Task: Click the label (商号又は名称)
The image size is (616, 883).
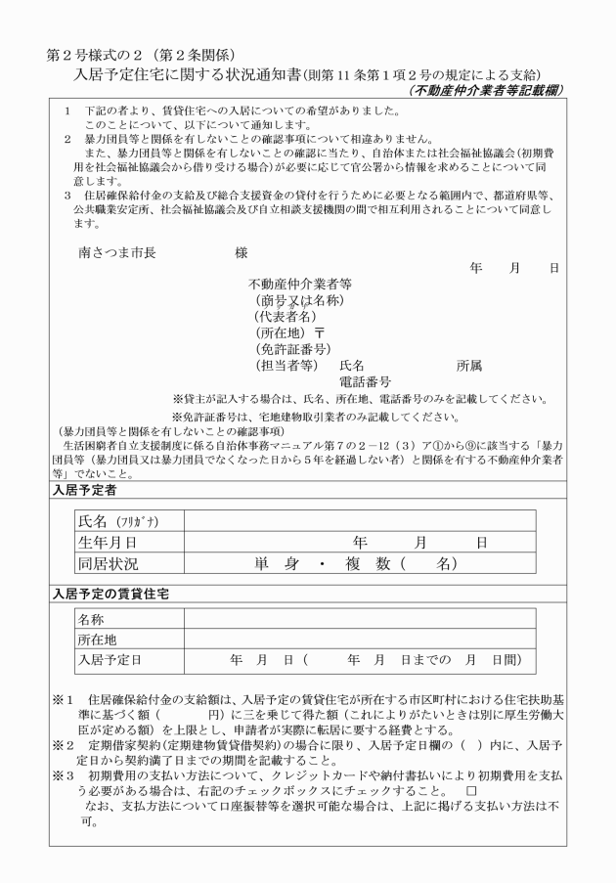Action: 298,300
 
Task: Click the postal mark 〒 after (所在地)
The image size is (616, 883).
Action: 319,332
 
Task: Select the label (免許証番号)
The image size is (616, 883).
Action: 291,349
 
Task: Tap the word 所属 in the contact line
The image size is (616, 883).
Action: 469,366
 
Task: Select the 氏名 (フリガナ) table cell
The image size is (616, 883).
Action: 112,521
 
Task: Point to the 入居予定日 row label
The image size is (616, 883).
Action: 110,661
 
